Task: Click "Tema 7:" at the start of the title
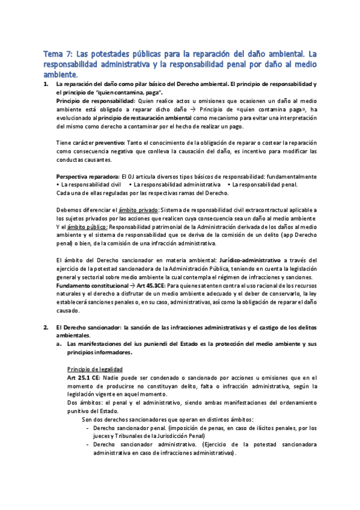point(58,54)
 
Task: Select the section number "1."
point(46,85)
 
